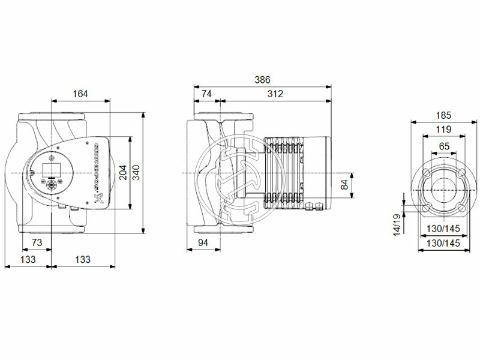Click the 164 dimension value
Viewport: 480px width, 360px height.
(x=80, y=94)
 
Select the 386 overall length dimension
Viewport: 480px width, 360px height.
(x=262, y=80)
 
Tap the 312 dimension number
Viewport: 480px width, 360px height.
(x=275, y=94)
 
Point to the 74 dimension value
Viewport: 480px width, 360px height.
(x=206, y=94)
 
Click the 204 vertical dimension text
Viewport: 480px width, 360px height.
(x=124, y=173)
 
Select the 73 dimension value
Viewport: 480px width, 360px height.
(x=37, y=242)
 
